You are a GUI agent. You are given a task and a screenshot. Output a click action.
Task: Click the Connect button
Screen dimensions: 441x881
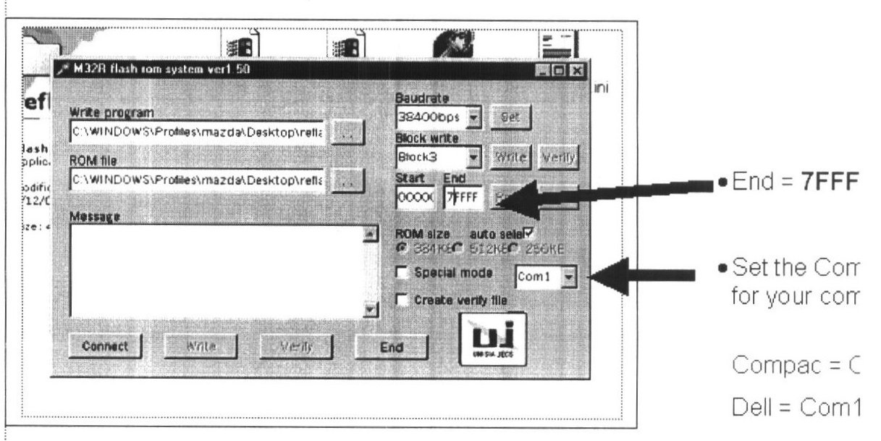pyautogui.click(x=105, y=346)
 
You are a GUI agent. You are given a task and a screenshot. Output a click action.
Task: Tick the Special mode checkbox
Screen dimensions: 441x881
pyautogui.click(x=402, y=274)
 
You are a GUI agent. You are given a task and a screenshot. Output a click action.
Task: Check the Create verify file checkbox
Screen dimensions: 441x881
pyautogui.click(x=402, y=298)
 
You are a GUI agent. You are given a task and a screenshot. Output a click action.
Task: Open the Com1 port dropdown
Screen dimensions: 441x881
pyautogui.click(x=570, y=276)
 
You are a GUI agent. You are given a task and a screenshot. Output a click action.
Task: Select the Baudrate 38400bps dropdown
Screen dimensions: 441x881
pyautogui.click(x=474, y=116)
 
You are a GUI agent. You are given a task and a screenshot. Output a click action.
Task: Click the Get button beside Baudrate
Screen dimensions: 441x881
pyautogui.click(x=510, y=116)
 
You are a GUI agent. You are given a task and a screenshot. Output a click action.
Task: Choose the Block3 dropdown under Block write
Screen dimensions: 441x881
pyautogui.click(x=474, y=156)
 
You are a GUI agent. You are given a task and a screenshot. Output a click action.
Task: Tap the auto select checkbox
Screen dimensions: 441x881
pyautogui.click(x=528, y=232)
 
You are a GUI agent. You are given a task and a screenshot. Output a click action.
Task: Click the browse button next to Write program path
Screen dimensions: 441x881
pyautogui.click(x=347, y=133)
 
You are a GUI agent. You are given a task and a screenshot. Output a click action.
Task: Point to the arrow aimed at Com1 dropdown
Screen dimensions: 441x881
pyautogui.click(x=652, y=275)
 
